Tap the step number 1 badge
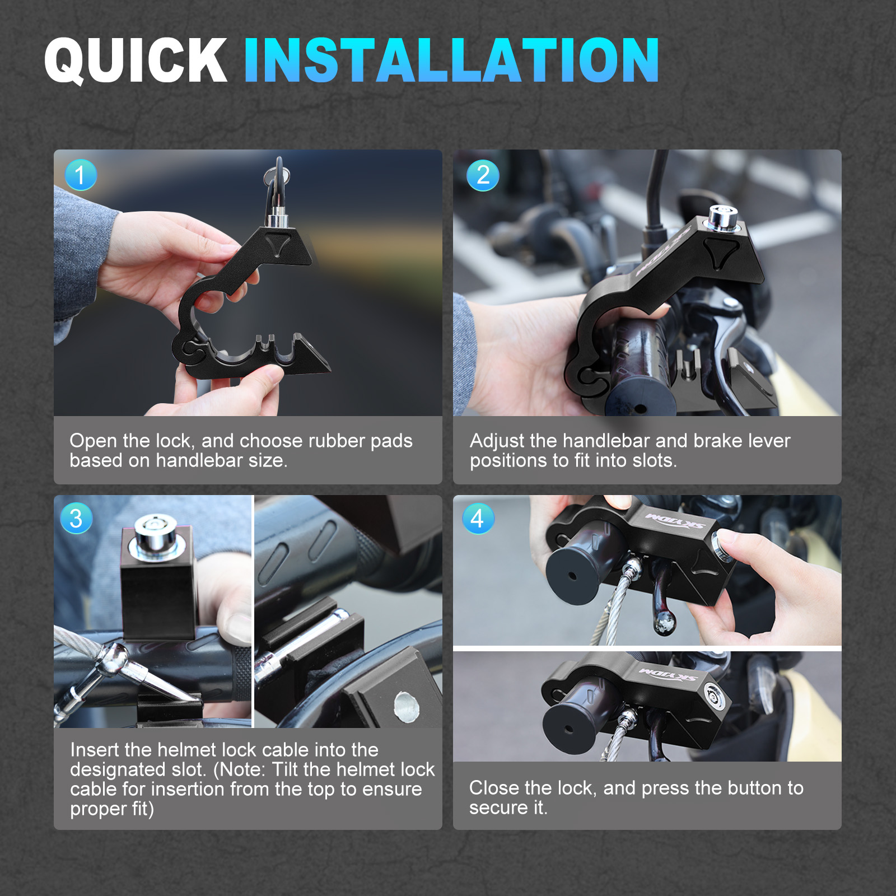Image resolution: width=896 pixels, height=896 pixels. pyautogui.click(x=81, y=175)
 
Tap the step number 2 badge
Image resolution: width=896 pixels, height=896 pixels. pyautogui.click(x=483, y=175)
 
